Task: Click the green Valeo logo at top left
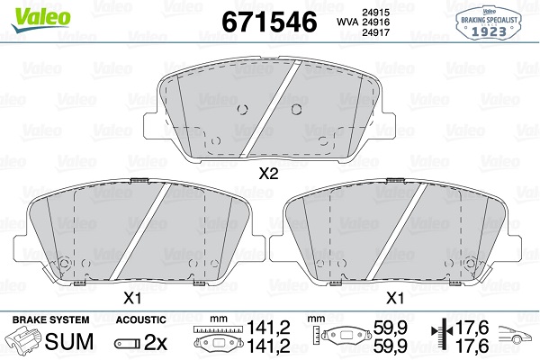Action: [41, 19]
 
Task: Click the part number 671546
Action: [269, 22]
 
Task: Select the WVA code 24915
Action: [375, 13]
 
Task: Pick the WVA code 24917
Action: [375, 32]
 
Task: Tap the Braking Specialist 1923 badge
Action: [489, 23]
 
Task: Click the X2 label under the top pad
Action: [268, 175]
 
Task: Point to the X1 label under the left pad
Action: [132, 298]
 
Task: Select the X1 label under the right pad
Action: [395, 298]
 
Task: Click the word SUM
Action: [69, 341]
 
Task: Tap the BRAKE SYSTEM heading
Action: [50, 319]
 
